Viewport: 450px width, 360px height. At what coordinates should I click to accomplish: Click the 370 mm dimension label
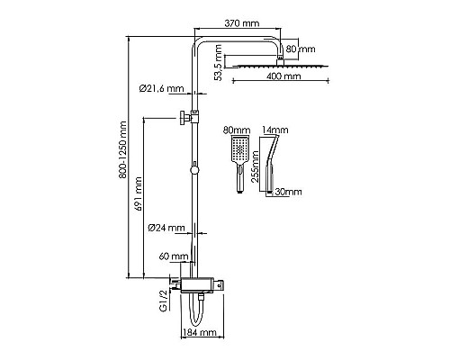click(242, 23)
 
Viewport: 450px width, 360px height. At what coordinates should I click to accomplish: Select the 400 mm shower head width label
click(283, 76)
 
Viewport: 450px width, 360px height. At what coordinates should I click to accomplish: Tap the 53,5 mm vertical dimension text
click(219, 63)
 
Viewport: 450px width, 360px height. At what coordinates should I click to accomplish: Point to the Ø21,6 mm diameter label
click(161, 88)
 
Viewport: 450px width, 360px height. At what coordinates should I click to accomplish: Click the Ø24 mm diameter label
click(166, 228)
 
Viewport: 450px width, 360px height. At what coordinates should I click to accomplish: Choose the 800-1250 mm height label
click(122, 150)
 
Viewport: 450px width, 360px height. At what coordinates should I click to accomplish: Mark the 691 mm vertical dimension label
click(138, 193)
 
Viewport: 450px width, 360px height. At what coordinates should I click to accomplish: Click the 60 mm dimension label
click(174, 256)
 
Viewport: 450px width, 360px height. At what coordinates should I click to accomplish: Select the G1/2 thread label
click(164, 301)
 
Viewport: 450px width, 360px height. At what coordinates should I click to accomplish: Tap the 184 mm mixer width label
click(200, 332)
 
